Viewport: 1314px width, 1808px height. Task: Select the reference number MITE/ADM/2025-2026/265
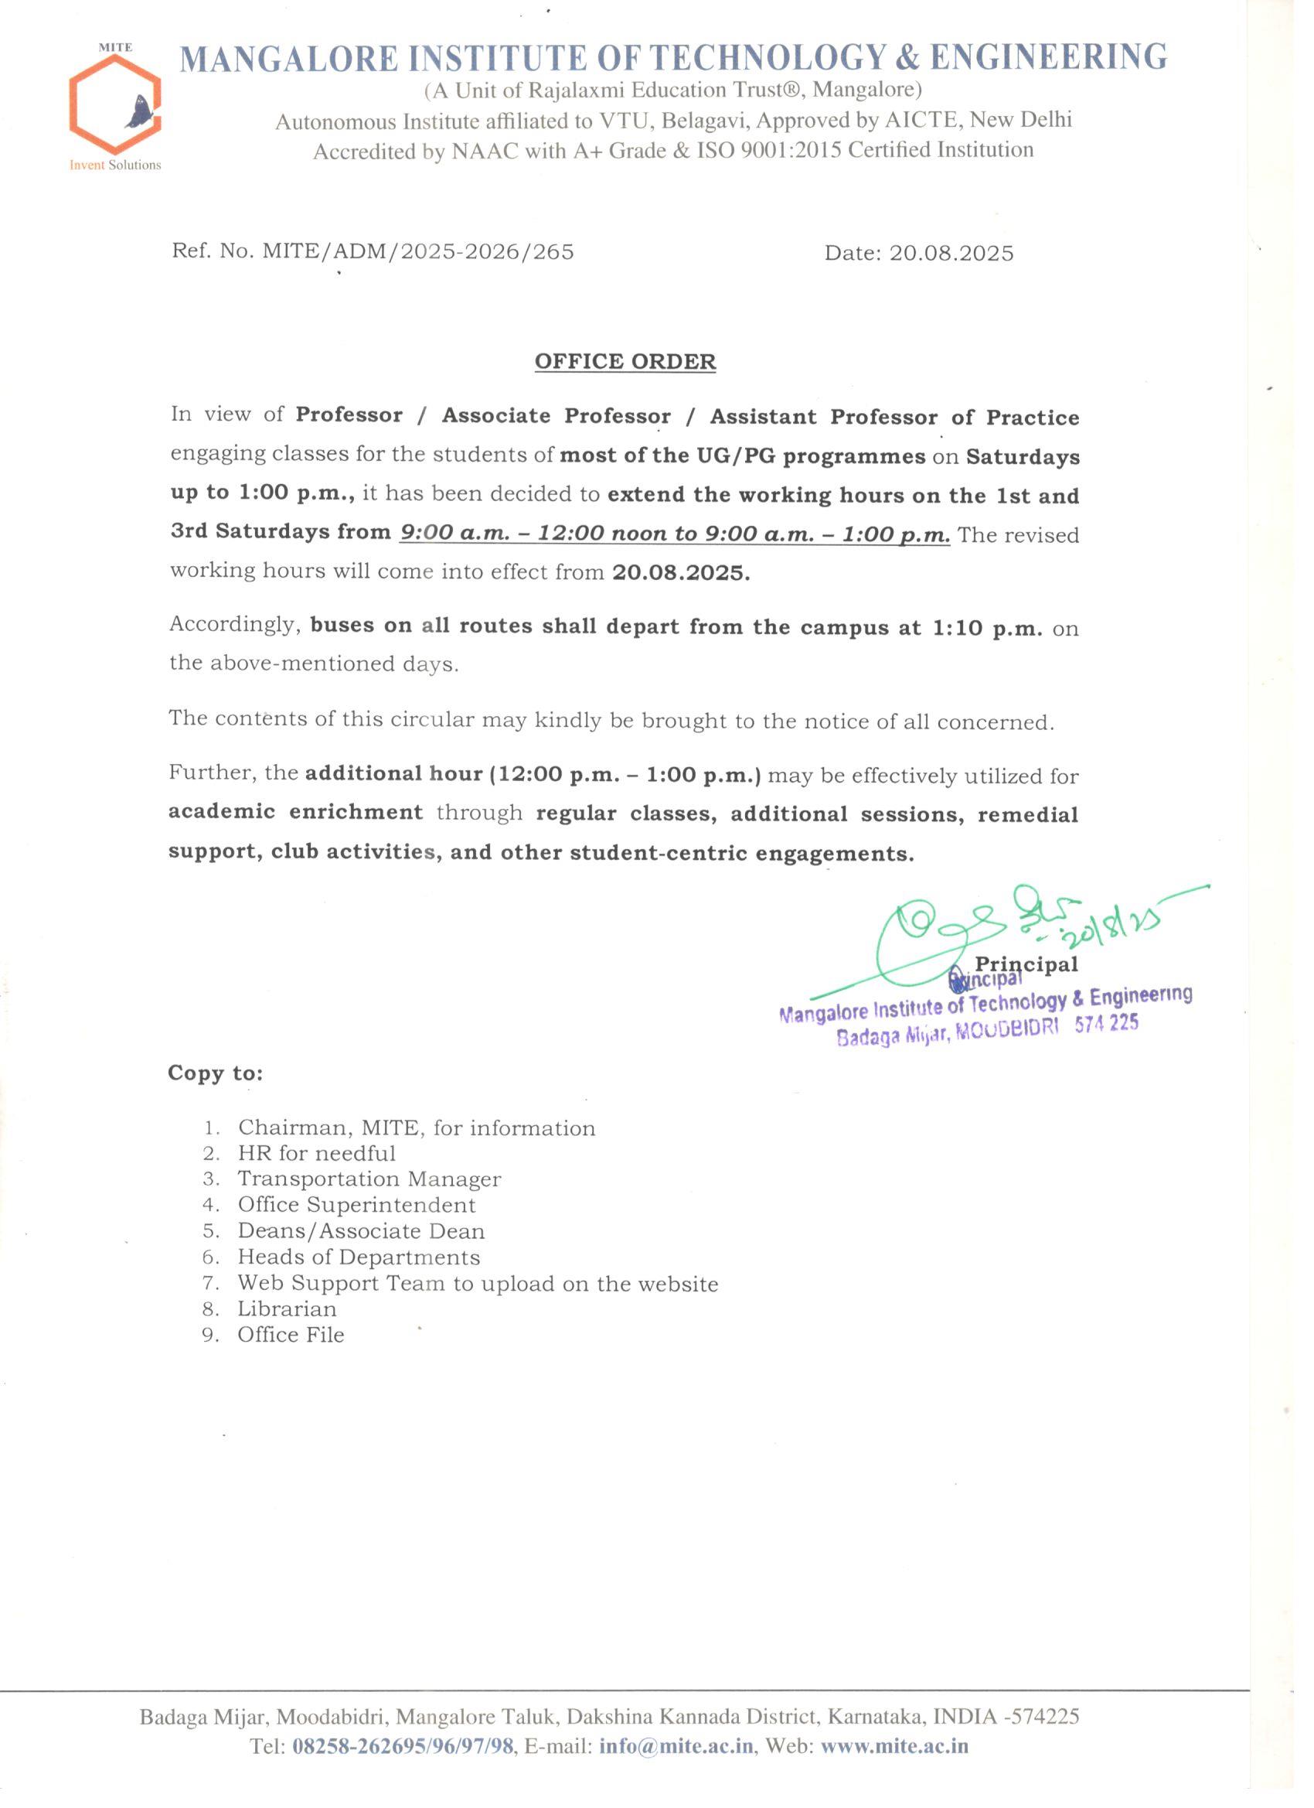(x=418, y=252)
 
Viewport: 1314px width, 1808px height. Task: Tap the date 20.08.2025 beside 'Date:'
(x=951, y=254)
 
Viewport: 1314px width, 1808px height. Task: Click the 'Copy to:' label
(x=215, y=1073)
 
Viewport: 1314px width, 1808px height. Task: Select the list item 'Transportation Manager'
(x=369, y=1179)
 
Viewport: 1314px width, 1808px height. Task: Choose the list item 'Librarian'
(x=287, y=1309)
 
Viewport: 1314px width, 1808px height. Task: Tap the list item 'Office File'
(x=291, y=1336)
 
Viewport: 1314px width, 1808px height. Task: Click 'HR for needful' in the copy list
(x=316, y=1154)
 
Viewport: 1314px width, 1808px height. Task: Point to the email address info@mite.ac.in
(x=676, y=1747)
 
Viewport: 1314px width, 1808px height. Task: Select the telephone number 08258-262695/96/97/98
(x=403, y=1747)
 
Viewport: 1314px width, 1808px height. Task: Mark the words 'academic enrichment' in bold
(x=294, y=812)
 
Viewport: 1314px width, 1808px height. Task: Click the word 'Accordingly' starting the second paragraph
(x=233, y=624)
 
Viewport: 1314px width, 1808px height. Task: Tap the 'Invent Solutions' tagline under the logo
(x=115, y=165)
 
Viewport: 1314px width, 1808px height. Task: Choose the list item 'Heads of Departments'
(x=359, y=1257)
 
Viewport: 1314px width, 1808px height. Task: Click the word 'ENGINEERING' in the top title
(x=1049, y=57)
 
